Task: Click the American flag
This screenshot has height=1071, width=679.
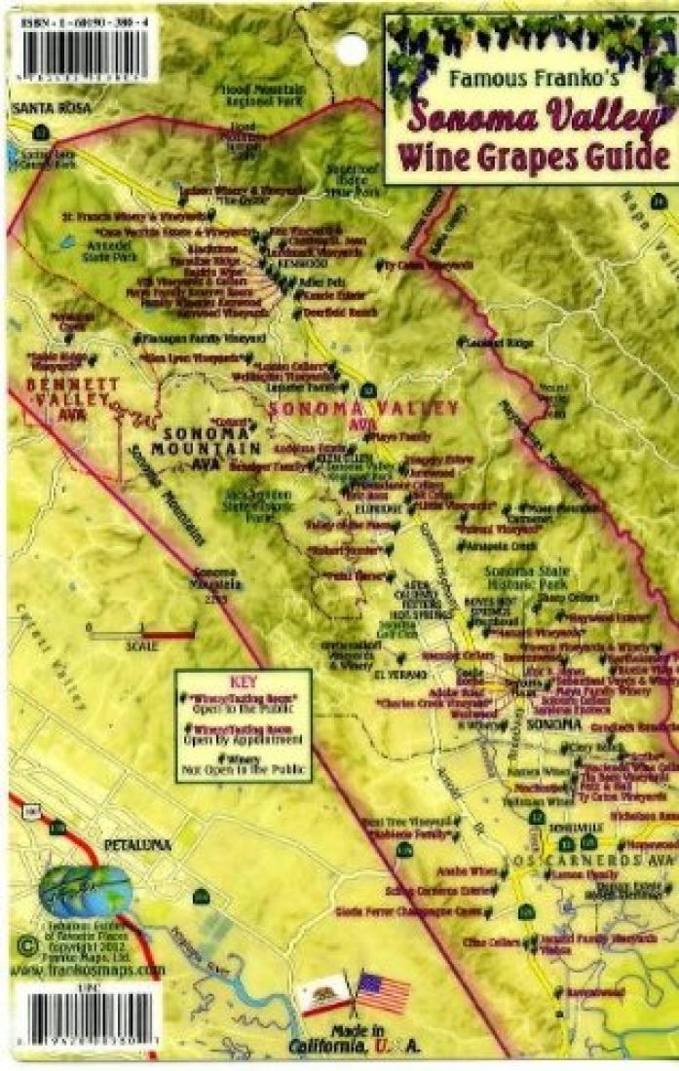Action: tap(384, 991)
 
